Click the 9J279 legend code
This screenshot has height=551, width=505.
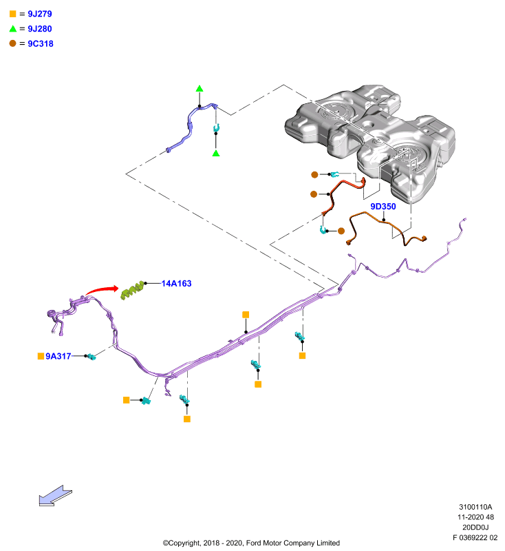click(x=40, y=14)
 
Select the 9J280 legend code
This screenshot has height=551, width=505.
click(x=40, y=29)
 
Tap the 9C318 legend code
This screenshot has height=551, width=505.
click(x=41, y=43)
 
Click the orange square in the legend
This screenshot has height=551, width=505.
click(x=13, y=14)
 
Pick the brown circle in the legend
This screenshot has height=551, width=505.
click(x=12, y=43)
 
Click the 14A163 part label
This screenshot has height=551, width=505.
click(x=176, y=283)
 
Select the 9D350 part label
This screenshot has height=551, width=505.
click(x=383, y=206)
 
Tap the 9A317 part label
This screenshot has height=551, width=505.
click(x=58, y=356)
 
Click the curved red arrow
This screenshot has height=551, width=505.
click(x=102, y=289)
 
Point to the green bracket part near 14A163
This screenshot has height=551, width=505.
click(x=133, y=290)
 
